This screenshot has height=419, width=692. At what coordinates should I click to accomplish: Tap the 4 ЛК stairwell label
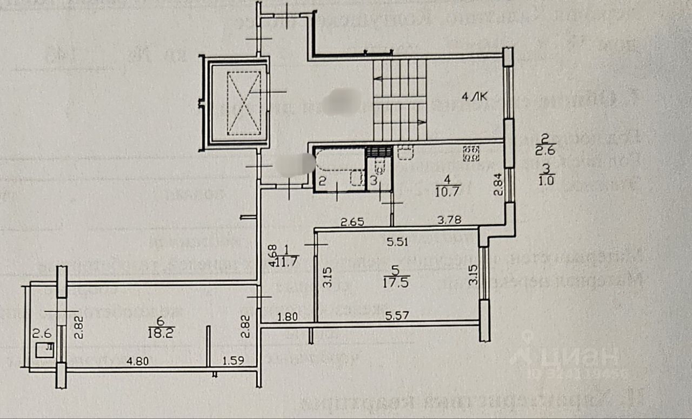tap(474, 98)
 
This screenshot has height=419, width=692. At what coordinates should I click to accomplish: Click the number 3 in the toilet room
tap(373, 181)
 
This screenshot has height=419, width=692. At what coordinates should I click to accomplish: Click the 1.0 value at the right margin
tap(546, 181)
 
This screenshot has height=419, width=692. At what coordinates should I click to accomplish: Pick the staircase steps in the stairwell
tap(400, 100)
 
